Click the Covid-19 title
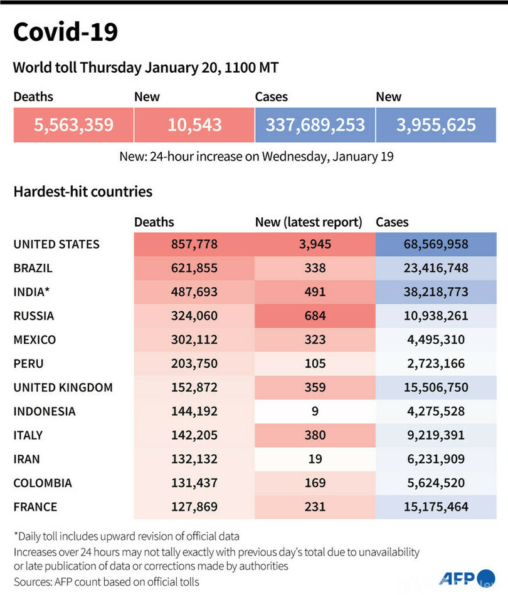click(x=65, y=33)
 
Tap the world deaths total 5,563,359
click(x=73, y=125)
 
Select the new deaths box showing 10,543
click(x=194, y=125)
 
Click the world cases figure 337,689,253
click(x=315, y=125)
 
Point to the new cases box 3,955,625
click(x=436, y=125)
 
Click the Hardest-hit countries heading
click(x=83, y=192)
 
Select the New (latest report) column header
click(x=309, y=222)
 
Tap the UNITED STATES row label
click(x=56, y=244)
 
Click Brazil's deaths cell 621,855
click(x=194, y=268)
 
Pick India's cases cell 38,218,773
click(x=436, y=292)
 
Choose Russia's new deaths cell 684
click(x=315, y=316)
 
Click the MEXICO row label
click(x=34, y=339)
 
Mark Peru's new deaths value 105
click(x=315, y=363)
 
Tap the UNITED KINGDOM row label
click(x=63, y=387)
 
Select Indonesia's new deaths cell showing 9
click(x=315, y=411)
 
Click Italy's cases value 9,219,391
click(x=436, y=435)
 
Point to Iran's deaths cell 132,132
click(x=194, y=458)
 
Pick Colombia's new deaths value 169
click(x=315, y=482)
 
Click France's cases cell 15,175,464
click(x=436, y=506)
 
